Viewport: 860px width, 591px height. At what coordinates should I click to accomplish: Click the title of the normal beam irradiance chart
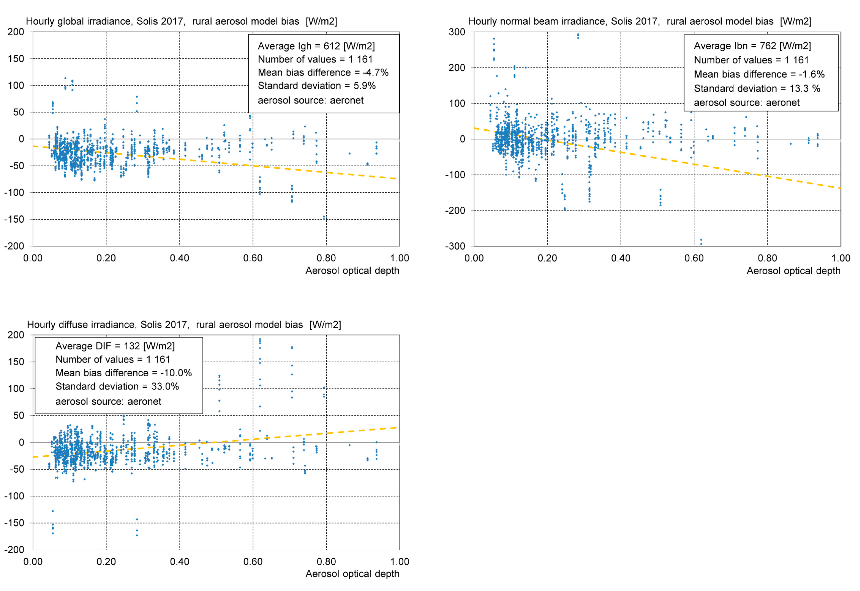coord(639,21)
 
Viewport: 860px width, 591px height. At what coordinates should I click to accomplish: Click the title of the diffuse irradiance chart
coord(184,324)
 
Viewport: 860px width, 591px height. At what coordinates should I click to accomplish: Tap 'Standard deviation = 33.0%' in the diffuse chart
coord(117,386)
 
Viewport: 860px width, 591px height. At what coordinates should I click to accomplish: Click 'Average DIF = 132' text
coord(115,346)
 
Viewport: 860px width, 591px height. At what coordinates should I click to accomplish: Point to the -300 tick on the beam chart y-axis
coord(455,246)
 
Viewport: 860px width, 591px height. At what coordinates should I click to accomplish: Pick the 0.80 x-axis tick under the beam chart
coord(767,258)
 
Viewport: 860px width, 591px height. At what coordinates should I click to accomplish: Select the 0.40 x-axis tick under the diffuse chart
coord(179,562)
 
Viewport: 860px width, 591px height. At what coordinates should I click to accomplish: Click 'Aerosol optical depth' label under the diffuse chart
coord(352,574)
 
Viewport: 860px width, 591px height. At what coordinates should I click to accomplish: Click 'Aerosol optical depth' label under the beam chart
coord(793,271)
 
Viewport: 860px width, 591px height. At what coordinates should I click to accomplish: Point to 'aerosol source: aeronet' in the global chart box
coord(310,100)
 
